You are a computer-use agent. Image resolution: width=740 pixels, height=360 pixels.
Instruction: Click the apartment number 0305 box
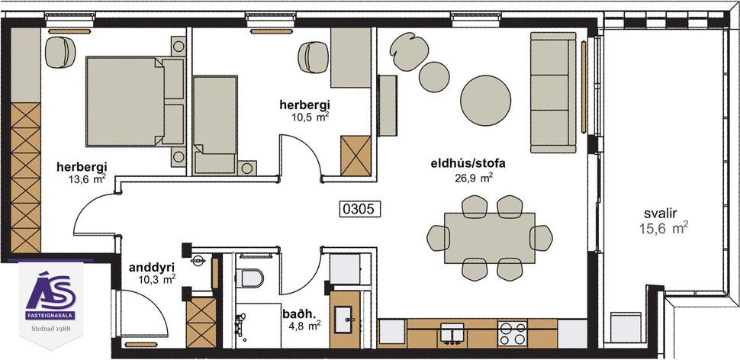[x=359, y=207]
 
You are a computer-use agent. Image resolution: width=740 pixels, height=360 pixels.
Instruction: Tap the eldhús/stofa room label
[x=458, y=162]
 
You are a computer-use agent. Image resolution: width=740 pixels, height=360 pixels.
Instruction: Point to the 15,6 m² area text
[x=664, y=227]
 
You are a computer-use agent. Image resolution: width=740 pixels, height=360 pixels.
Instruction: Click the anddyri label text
[x=148, y=267]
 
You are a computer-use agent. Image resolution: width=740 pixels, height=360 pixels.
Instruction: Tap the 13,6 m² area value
[x=86, y=179]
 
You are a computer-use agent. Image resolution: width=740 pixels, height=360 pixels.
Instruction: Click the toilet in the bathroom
[x=249, y=278]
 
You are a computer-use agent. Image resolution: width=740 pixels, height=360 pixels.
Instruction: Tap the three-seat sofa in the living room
[x=551, y=92]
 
